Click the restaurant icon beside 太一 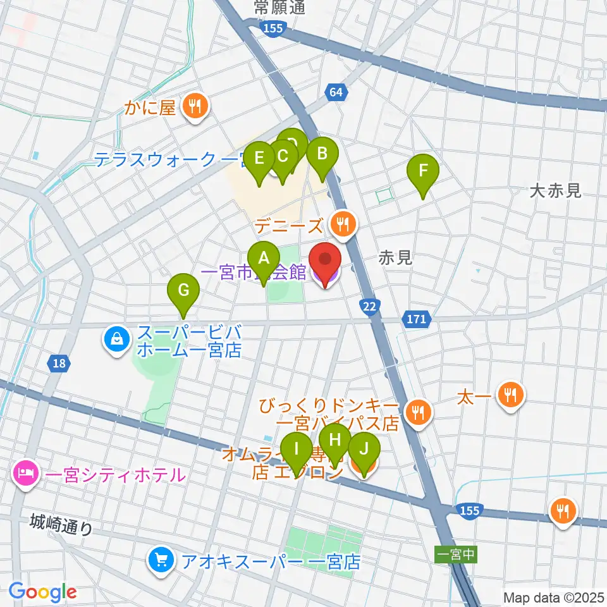click(510, 395)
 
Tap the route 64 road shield click(337, 93)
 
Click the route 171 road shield click(416, 320)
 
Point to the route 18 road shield click(59, 363)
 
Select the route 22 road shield click(371, 307)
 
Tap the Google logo click(43, 592)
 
